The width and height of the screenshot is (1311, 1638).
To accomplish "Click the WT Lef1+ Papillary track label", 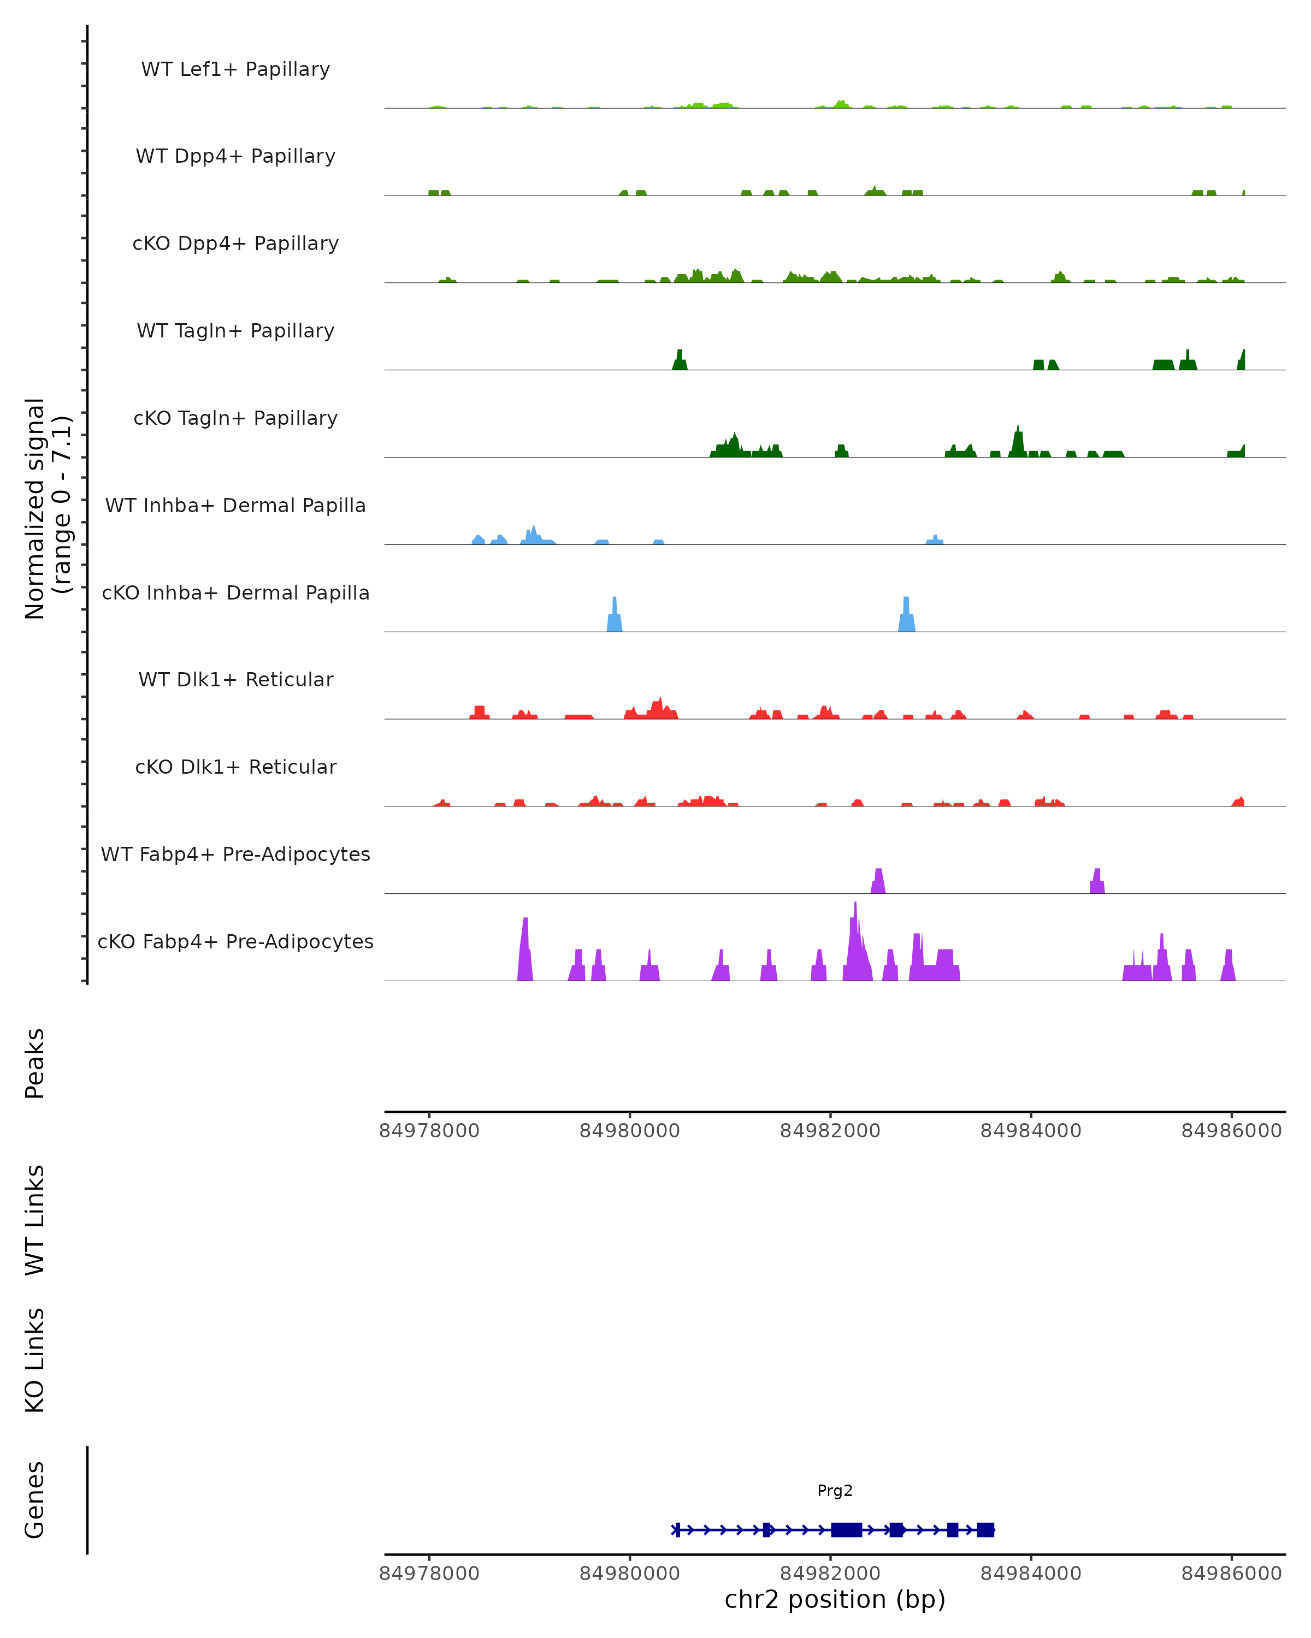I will point(235,69).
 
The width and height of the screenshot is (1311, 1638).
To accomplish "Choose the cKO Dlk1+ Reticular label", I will point(235,767).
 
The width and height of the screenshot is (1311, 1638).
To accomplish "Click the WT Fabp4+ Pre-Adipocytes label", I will point(235,854).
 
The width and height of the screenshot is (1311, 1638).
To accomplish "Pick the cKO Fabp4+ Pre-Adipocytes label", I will point(235,941).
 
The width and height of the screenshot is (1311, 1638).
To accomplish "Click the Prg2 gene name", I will point(835,1491).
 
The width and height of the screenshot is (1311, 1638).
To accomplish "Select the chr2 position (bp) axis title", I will point(835,1600).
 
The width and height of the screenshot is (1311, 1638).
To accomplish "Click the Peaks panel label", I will point(35,1063).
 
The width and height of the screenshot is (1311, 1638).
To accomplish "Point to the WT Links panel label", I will point(35,1220).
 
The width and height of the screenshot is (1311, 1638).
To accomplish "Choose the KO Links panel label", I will point(35,1360).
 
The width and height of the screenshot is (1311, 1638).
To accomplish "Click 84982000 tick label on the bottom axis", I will point(830,1574).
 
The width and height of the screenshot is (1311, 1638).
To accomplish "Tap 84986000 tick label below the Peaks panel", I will point(1231,1131).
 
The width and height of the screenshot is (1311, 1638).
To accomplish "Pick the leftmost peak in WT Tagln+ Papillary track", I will point(680,361).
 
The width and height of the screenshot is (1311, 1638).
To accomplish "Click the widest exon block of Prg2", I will point(846,1529).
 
